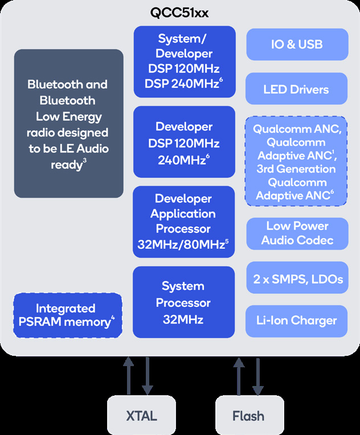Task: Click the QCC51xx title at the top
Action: (x=180, y=13)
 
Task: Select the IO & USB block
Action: (x=296, y=44)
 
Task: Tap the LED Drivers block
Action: (x=296, y=89)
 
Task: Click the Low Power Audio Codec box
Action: (x=296, y=233)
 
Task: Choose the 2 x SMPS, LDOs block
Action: (x=296, y=278)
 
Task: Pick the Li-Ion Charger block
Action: (x=296, y=321)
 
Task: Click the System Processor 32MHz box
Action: (x=183, y=302)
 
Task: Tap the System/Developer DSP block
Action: (x=183, y=61)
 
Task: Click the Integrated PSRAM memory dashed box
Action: (x=68, y=315)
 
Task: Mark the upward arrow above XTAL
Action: (x=130, y=376)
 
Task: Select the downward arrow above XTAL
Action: (x=148, y=376)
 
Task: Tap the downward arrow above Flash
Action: (x=257, y=376)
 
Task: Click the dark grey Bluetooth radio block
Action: (x=68, y=124)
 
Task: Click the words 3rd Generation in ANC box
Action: (x=296, y=169)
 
